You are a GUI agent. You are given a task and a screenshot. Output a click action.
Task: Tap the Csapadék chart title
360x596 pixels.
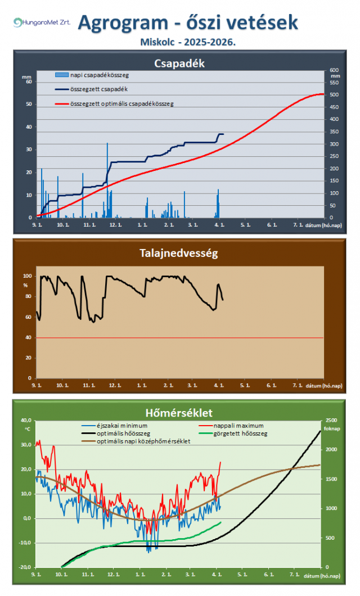(x=179, y=64)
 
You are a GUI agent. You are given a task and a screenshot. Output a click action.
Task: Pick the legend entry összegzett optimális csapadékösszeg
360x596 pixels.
(x=121, y=103)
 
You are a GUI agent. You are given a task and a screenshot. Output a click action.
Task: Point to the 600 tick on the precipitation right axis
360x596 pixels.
(x=334, y=70)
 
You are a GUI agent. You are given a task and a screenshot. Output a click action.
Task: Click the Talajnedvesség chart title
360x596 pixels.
(x=179, y=253)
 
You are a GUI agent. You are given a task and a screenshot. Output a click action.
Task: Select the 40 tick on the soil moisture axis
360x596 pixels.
(x=28, y=337)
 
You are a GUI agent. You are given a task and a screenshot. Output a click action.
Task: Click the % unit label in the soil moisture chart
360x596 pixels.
(x=25, y=285)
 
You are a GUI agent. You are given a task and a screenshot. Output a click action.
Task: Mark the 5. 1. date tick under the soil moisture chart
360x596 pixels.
(x=244, y=386)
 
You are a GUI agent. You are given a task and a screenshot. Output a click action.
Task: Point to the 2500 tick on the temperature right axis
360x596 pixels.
(x=332, y=421)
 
